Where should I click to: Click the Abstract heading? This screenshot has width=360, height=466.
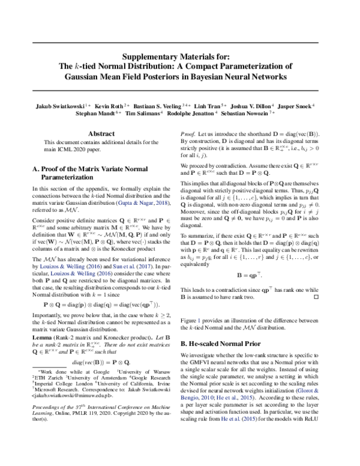101,133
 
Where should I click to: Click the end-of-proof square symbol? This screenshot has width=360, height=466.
317,296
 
